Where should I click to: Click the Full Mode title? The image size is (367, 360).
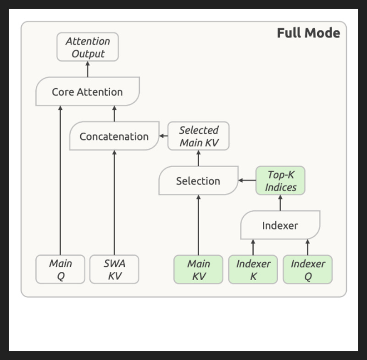pyautogui.click(x=308, y=33)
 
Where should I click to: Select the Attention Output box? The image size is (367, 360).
pyautogui.click(x=88, y=47)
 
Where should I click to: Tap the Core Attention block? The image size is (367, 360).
pyautogui.click(x=88, y=91)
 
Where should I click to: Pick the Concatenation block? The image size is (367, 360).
pyautogui.click(x=114, y=136)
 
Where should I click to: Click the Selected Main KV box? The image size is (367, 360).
pyautogui.click(x=199, y=136)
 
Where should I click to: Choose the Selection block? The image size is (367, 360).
pyautogui.click(x=199, y=180)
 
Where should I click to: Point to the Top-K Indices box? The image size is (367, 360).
pyautogui.click(x=280, y=180)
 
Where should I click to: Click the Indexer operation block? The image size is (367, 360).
pyautogui.click(x=280, y=225)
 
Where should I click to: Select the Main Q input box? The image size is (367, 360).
pyautogui.click(x=61, y=270)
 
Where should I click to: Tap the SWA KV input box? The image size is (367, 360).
pyautogui.click(x=114, y=270)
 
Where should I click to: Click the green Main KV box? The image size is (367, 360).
pyautogui.click(x=199, y=270)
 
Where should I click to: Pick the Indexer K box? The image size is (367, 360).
pyautogui.click(x=253, y=270)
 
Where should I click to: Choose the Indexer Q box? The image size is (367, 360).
pyautogui.click(x=307, y=270)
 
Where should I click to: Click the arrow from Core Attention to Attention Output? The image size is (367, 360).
pyautogui.click(x=88, y=69)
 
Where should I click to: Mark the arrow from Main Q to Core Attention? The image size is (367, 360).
pyautogui.click(x=61, y=180)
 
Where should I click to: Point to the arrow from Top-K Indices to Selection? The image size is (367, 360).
pyautogui.click(x=247, y=180)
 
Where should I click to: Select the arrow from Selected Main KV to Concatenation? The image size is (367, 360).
pyautogui.click(x=164, y=136)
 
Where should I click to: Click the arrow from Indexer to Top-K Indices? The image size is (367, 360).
pyautogui.click(x=280, y=202)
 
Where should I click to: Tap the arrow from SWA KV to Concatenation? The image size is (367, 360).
pyautogui.click(x=114, y=202)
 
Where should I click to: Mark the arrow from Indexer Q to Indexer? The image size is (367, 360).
pyautogui.click(x=307, y=247)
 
